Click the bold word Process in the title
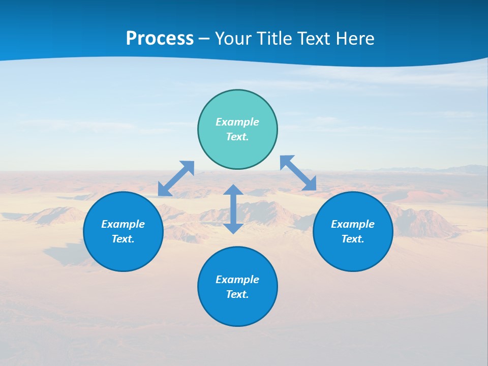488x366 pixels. [x=160, y=38]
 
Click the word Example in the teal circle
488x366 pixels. [x=237, y=122]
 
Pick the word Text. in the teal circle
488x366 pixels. [x=237, y=137]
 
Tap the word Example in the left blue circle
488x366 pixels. [x=123, y=224]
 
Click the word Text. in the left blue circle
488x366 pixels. [x=123, y=239]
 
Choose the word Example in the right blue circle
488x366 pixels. [x=353, y=224]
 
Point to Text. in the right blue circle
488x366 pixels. [x=353, y=239]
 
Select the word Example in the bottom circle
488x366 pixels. [x=237, y=280]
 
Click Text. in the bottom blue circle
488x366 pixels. [x=237, y=294]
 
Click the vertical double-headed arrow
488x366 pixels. [x=233, y=209]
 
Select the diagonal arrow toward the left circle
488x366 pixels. [x=176, y=178]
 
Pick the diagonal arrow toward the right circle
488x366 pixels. [x=298, y=173]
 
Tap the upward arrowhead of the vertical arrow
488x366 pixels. [x=233, y=190]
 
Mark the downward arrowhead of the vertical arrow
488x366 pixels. [x=233, y=228]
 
